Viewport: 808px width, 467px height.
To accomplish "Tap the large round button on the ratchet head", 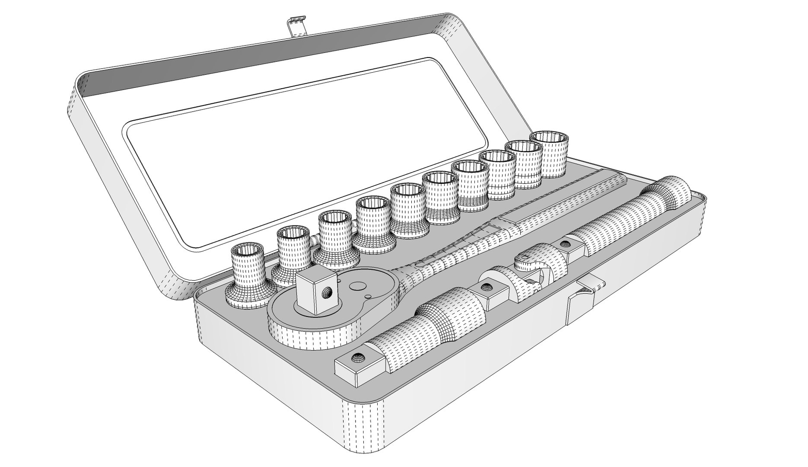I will (357, 285).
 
